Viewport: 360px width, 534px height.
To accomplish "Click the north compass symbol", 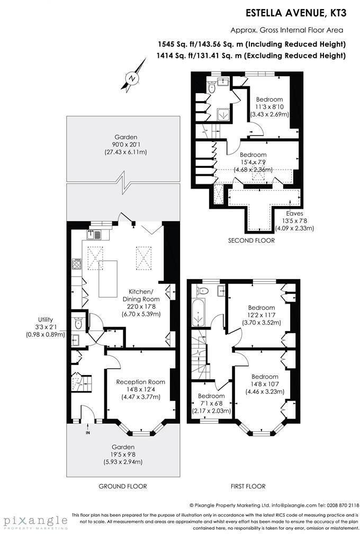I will (134, 77).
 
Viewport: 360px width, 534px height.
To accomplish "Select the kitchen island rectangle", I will (110, 279).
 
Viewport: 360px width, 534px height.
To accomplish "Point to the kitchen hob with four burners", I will (77, 264).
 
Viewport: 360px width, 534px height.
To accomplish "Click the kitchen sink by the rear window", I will (97, 233).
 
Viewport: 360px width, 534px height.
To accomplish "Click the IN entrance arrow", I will (88, 432).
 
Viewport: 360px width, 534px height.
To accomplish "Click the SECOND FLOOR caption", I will (251, 241).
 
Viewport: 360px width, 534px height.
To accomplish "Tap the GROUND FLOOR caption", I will (123, 486).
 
